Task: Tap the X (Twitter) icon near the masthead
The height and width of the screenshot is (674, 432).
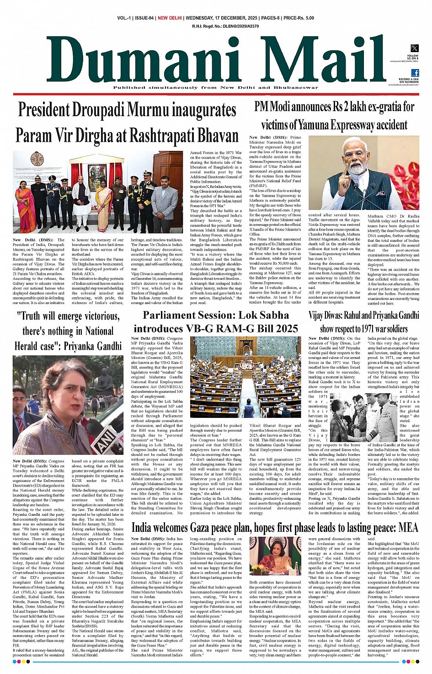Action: [x=414, y=48]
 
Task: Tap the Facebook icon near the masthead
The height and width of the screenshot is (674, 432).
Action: [x=415, y=73]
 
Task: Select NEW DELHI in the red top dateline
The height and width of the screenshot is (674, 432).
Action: [x=170, y=18]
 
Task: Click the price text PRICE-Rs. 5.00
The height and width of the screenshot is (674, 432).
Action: [x=299, y=18]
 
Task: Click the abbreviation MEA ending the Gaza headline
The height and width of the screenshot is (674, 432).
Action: [x=408, y=528]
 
